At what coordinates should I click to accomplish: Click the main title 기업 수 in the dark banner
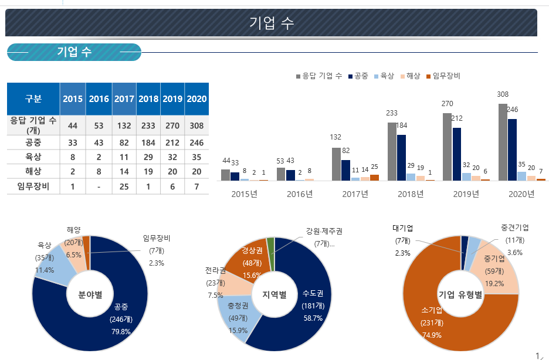coord(271,23)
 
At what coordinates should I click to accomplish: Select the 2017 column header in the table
coord(124,99)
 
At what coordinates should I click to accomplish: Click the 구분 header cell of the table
coord(33,99)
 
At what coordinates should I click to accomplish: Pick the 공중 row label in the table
coord(33,142)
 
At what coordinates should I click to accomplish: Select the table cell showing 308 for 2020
coord(196,125)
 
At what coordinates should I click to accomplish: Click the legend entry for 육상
coord(384,76)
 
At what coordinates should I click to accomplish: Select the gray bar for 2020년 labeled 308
coord(503,142)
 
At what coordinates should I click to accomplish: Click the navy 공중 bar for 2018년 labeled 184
coord(401,157)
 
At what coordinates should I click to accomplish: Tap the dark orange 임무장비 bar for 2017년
coord(374,177)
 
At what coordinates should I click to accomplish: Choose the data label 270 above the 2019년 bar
coord(447,104)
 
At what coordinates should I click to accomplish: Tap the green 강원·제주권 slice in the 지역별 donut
coord(271,246)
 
